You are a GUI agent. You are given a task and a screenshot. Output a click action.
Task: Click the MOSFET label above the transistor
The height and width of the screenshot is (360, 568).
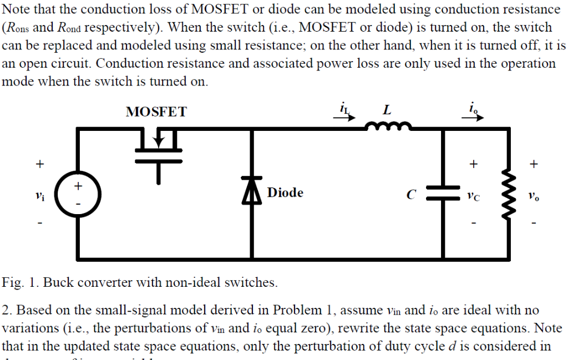pyautogui.click(x=156, y=112)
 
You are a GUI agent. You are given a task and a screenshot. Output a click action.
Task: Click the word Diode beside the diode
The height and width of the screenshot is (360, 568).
pyautogui.click(x=285, y=192)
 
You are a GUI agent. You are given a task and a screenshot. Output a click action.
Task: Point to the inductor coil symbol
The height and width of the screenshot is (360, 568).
pyautogui.click(x=388, y=127)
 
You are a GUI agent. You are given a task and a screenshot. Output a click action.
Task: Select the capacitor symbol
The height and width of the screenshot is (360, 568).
pyautogui.click(x=442, y=192)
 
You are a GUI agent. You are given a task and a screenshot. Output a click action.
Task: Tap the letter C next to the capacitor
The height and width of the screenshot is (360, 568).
pyautogui.click(x=410, y=195)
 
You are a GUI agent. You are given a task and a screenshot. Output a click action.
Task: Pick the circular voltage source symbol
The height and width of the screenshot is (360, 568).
pyautogui.click(x=77, y=194)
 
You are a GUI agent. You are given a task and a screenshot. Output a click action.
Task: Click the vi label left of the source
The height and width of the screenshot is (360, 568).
pyautogui.click(x=38, y=195)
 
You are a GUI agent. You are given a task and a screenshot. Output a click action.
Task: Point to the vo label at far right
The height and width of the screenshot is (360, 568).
pyautogui.click(x=533, y=195)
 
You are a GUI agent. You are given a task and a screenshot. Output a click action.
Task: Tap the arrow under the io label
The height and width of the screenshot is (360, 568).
pyautogui.click(x=475, y=117)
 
